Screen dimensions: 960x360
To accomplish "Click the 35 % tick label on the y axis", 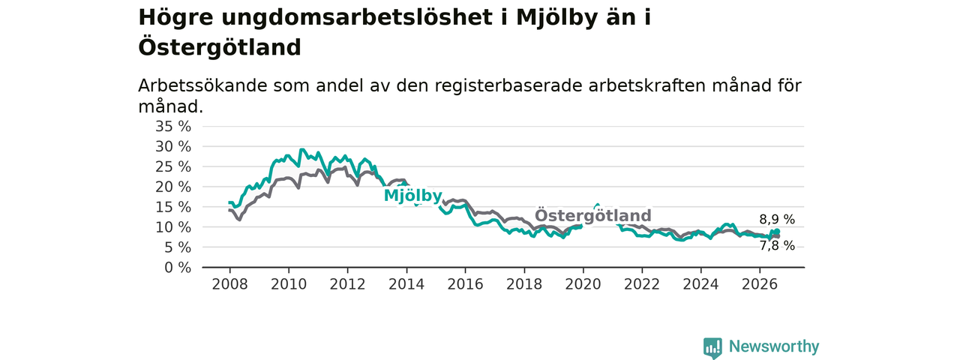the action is pyautogui.click(x=173, y=127).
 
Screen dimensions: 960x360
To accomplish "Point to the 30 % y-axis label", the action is pyautogui.click(x=173, y=146).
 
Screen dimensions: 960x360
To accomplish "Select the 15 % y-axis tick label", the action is pyautogui.click(x=173, y=207).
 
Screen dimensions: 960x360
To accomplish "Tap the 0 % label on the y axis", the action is pyautogui.click(x=178, y=268).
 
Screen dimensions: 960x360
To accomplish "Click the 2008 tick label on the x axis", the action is pyautogui.click(x=229, y=284).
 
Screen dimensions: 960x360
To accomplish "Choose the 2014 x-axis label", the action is pyautogui.click(x=406, y=284).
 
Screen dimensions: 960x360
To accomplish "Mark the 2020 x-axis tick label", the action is pyautogui.click(x=583, y=284).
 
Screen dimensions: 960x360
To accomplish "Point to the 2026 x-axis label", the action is pyautogui.click(x=760, y=284).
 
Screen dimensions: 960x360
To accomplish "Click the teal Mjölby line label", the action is pyautogui.click(x=412, y=196).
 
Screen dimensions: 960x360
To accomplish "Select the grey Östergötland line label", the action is pyautogui.click(x=593, y=215).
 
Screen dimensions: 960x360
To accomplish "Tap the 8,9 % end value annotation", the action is pyautogui.click(x=777, y=220).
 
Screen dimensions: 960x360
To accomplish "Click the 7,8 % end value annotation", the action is pyautogui.click(x=777, y=245).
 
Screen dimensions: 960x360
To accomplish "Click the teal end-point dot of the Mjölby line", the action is pyautogui.click(x=776, y=232).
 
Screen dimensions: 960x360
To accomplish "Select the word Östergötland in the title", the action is pyautogui.click(x=220, y=47).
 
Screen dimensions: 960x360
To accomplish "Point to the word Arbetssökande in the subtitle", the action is pyautogui.click(x=202, y=85).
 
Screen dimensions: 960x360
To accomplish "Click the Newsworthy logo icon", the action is pyautogui.click(x=712, y=348).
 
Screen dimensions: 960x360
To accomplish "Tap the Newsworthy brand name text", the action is pyautogui.click(x=774, y=346).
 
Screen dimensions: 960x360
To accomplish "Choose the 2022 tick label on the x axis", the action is pyautogui.click(x=641, y=284).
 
